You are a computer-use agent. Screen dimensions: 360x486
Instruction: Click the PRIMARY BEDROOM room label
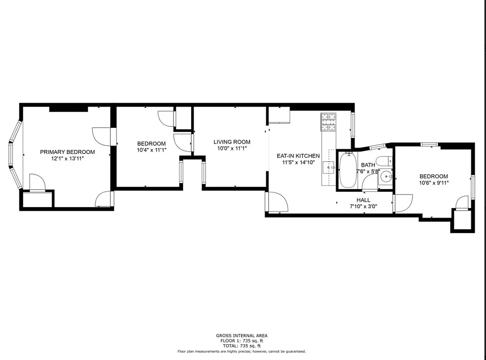67,152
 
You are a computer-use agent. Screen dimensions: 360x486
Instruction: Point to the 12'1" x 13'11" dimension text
67,159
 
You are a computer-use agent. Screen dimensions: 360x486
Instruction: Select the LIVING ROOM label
232,142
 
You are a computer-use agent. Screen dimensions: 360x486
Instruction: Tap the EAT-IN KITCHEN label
298,156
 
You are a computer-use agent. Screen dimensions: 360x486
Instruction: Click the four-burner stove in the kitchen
328,122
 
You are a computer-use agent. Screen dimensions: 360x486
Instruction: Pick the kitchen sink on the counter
330,167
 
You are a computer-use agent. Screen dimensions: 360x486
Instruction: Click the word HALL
364,200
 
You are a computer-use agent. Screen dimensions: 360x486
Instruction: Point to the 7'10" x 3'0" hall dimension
364,207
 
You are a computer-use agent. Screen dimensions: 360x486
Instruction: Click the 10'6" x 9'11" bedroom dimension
434,183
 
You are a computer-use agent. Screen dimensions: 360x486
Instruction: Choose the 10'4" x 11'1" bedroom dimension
151,150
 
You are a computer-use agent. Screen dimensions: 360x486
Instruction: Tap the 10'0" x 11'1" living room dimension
232,148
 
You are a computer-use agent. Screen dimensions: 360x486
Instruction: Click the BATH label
368,165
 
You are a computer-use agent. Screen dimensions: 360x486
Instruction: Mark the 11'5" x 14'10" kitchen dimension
298,162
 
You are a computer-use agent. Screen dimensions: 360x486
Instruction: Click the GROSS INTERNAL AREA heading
242,336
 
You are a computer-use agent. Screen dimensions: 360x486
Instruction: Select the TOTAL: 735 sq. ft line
242,346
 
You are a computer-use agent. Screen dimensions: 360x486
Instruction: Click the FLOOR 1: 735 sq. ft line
242,341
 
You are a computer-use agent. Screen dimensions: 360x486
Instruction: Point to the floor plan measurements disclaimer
242,351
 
